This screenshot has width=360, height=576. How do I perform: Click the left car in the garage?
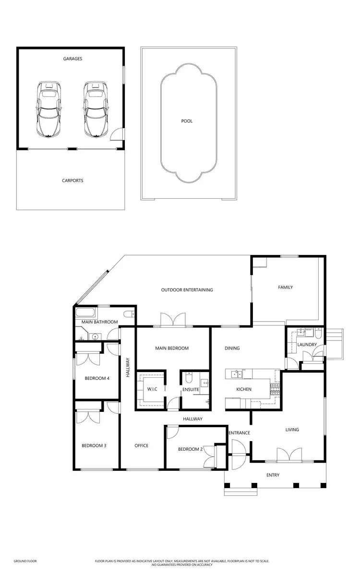(x=48, y=109)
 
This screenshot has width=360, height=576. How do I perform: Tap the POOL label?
(x=187, y=121)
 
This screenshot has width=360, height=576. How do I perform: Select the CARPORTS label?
(x=72, y=181)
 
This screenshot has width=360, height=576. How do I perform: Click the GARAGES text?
(x=72, y=59)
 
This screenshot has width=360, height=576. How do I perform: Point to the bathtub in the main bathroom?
(x=86, y=313)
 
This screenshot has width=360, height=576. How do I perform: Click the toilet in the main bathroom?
(x=128, y=314)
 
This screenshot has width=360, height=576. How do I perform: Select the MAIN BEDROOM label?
(x=171, y=348)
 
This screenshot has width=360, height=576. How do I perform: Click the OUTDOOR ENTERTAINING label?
(x=187, y=290)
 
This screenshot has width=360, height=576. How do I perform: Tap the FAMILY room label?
(x=285, y=288)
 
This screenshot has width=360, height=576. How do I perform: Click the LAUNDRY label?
(x=306, y=345)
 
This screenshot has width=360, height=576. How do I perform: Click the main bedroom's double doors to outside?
(x=172, y=320)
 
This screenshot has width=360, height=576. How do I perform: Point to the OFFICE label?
(x=141, y=446)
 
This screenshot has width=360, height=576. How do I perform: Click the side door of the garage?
(x=117, y=134)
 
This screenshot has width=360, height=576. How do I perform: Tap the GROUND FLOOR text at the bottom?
(x=25, y=561)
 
